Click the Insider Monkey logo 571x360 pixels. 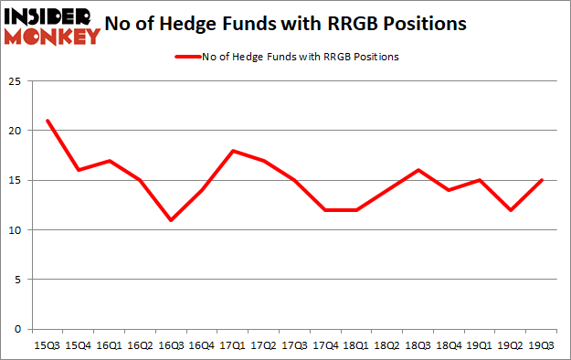[52, 25]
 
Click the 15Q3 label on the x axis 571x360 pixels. [47, 346]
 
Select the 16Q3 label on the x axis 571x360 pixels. [170, 346]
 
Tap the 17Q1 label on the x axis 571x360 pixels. [232, 346]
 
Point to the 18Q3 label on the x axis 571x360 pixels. [418, 346]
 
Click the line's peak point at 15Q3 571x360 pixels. [47, 121]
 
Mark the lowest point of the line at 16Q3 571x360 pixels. [170, 220]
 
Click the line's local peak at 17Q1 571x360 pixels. [232, 151]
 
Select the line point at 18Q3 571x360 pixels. [418, 170]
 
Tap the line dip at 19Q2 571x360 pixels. [511, 210]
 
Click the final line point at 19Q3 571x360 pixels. [542, 180]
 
